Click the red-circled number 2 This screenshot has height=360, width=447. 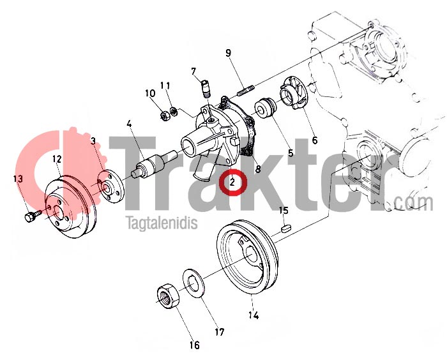pyautogui.click(x=232, y=182)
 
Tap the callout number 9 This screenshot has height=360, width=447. pyautogui.click(x=229, y=54)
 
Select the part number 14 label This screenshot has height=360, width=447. pyautogui.click(x=254, y=315)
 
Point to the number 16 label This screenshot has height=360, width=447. pyautogui.click(x=195, y=345)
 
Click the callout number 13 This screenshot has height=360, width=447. pyautogui.click(x=18, y=179)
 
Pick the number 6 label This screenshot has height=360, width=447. pyautogui.click(x=315, y=140)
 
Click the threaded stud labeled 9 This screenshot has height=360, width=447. pyautogui.click(x=245, y=89)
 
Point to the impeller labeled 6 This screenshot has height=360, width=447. pyautogui.click(x=293, y=93)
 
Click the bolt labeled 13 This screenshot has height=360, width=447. pyautogui.click(x=33, y=216)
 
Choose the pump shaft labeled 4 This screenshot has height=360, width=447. pyautogui.click(x=154, y=165)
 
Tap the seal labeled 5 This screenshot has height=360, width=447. pyautogui.click(x=266, y=108)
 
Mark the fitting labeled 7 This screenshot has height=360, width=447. pyautogui.click(x=206, y=89)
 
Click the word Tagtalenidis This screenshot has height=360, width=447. pyautogui.click(x=162, y=223)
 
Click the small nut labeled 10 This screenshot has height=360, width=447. pyautogui.click(x=164, y=115)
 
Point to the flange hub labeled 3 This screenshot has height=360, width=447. pyautogui.click(x=110, y=186)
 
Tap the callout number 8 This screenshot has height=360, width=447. pyautogui.click(x=258, y=169)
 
